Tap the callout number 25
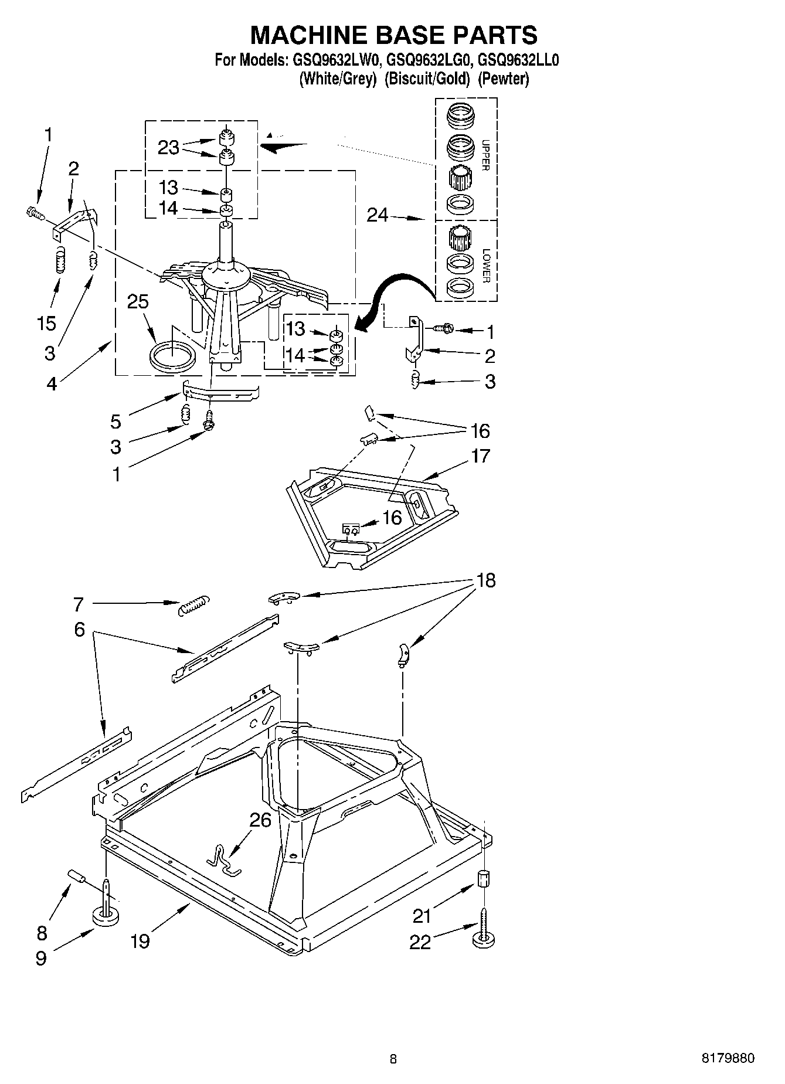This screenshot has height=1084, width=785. (138, 302)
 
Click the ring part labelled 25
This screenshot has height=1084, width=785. (172, 356)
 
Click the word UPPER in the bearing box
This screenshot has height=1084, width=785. (485, 155)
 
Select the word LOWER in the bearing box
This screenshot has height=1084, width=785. (485, 266)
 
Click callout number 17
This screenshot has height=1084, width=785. (480, 456)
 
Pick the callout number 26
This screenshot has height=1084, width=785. (260, 820)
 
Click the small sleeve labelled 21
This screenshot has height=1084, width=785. (484, 879)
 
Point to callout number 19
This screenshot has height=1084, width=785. (140, 942)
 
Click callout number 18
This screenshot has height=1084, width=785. (486, 580)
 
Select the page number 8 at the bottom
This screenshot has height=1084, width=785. (393, 1059)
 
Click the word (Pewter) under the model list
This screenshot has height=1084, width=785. (503, 79)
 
